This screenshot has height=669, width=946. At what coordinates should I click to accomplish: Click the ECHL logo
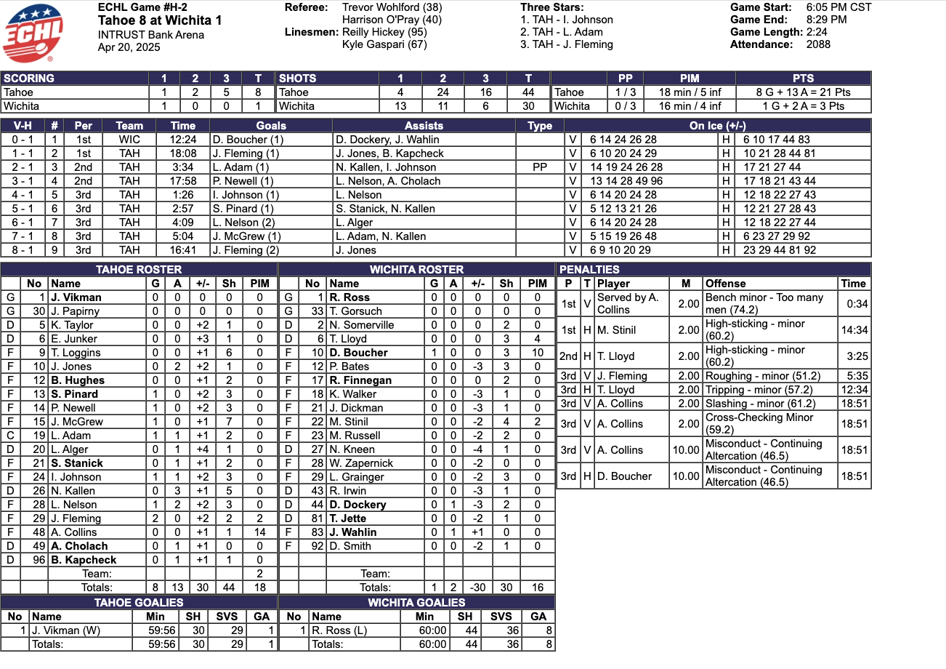click(33, 33)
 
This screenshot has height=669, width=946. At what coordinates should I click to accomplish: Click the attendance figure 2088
click(818, 44)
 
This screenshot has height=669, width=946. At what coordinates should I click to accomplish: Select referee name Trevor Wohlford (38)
click(392, 7)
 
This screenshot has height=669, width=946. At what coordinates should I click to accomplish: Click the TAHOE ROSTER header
click(139, 270)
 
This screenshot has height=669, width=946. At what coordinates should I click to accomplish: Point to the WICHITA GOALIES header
click(416, 603)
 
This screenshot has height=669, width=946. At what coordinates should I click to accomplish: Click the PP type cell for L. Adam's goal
click(539, 167)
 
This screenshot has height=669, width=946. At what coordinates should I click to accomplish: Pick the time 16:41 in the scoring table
click(184, 250)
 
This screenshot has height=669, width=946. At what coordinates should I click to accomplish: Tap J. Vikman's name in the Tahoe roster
click(76, 297)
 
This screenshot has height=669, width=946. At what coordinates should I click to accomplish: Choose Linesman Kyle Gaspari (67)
click(384, 44)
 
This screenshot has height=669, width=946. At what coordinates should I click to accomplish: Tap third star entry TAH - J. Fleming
click(567, 44)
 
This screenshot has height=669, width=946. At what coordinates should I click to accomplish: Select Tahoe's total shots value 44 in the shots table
click(528, 92)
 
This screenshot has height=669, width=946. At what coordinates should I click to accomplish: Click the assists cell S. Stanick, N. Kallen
click(385, 209)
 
